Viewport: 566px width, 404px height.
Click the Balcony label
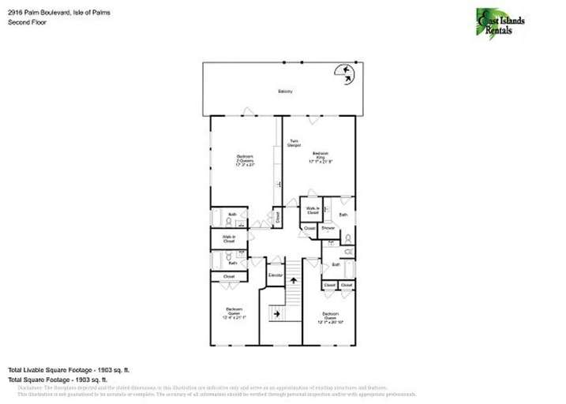(285, 92)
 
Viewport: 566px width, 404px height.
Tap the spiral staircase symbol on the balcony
(345, 73)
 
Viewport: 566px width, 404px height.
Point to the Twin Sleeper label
(294, 143)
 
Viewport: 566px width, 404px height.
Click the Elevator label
(275, 275)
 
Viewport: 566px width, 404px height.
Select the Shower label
(328, 228)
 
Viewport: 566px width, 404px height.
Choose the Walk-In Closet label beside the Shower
(313, 211)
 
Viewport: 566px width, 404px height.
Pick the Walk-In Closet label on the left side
(229, 238)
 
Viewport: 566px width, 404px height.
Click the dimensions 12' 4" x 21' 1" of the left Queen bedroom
(234, 317)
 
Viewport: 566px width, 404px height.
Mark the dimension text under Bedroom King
(320, 161)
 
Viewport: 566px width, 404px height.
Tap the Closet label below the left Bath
(229, 277)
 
